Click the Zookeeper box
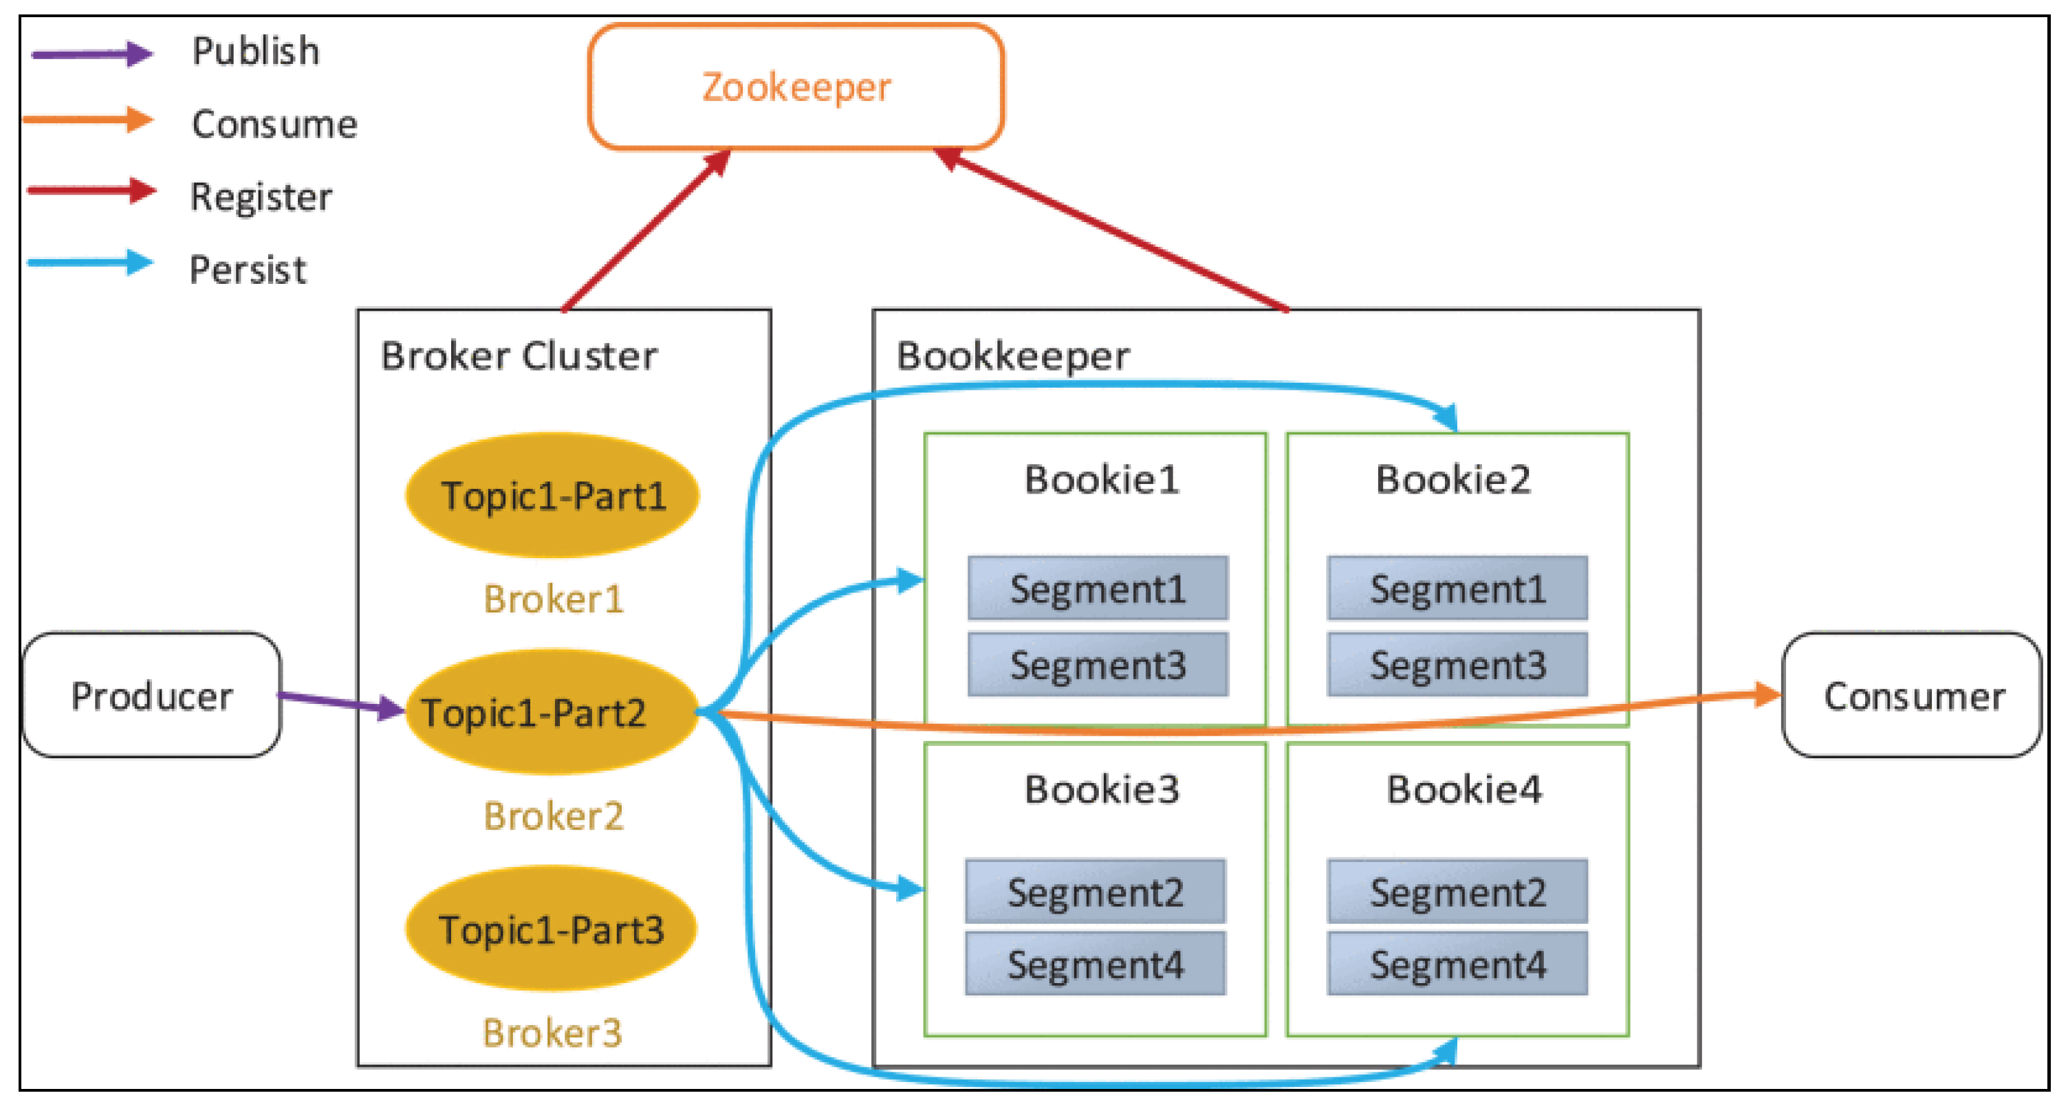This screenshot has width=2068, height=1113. click(796, 87)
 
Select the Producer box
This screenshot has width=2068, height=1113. click(152, 695)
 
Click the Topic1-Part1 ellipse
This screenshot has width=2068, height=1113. click(552, 495)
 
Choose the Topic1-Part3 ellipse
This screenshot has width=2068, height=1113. click(551, 929)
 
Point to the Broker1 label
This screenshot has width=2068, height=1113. click(553, 599)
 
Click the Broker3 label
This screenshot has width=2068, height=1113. click(552, 1032)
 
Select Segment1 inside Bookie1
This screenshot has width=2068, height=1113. click(1098, 588)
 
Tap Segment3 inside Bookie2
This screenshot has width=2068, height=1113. click(1457, 664)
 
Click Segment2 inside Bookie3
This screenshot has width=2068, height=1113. click(1095, 892)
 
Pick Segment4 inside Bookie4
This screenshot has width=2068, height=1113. click(1457, 964)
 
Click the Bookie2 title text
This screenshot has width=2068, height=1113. click(1453, 479)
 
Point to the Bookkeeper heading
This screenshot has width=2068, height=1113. click(1012, 355)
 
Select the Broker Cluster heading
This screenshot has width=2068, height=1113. click(519, 355)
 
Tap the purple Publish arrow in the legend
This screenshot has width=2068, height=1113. click(91, 54)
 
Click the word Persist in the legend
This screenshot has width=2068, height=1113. click(248, 269)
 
